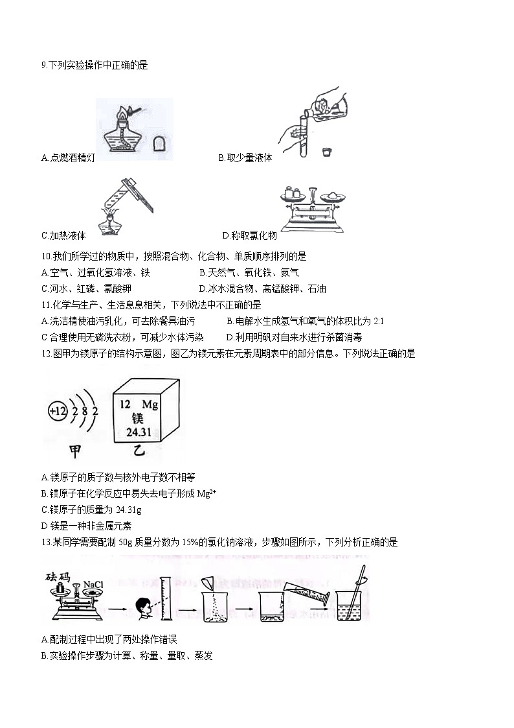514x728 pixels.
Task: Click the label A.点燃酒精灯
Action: (68, 158)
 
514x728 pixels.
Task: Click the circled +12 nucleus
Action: (58, 412)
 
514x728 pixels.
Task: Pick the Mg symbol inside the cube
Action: (150, 405)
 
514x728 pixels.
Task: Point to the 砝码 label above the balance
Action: (58, 577)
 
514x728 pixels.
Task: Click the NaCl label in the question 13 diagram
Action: (93, 585)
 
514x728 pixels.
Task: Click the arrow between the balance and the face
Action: (118, 609)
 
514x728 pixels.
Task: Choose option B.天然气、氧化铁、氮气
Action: (249, 272)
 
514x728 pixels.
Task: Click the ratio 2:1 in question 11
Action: (379, 321)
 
